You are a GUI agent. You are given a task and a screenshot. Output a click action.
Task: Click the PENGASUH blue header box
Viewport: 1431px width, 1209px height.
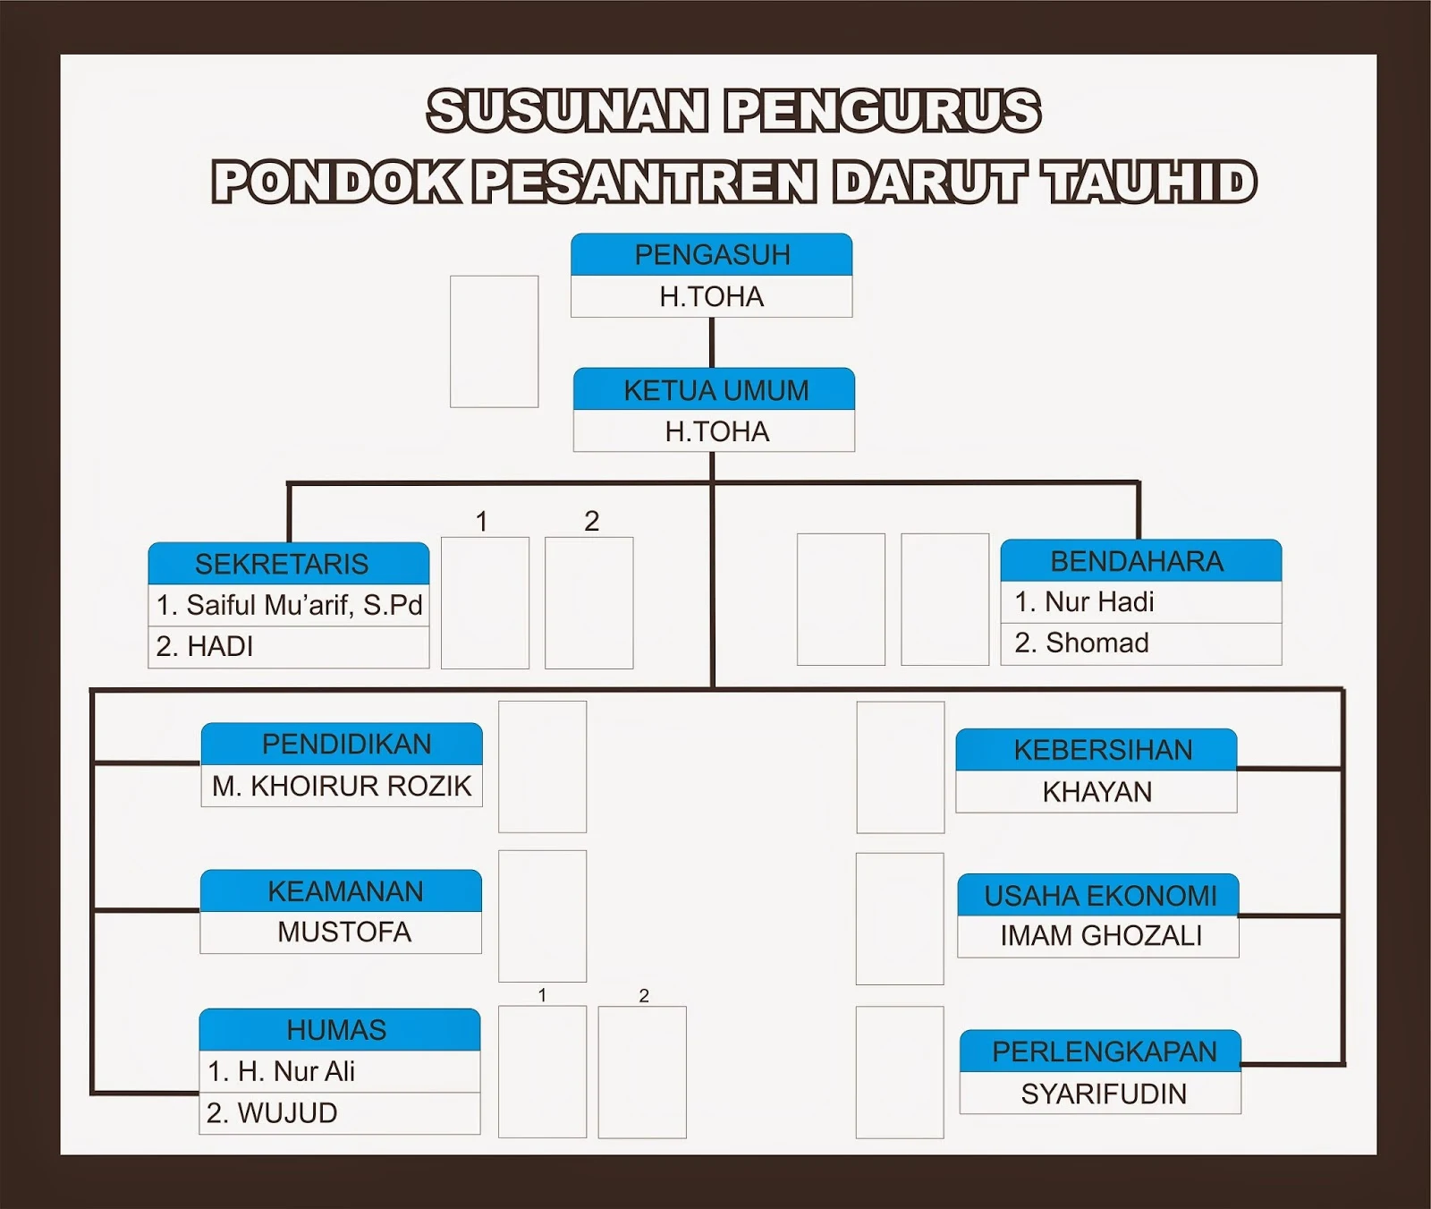click(x=712, y=255)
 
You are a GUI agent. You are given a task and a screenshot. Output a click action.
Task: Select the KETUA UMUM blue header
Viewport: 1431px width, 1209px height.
click(x=715, y=390)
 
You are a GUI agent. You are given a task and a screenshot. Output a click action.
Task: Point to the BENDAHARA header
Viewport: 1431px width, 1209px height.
click(x=1137, y=561)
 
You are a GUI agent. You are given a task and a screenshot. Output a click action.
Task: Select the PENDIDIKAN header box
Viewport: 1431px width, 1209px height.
click(x=346, y=744)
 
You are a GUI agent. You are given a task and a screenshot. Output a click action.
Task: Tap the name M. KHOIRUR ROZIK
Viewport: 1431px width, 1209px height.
click(x=342, y=786)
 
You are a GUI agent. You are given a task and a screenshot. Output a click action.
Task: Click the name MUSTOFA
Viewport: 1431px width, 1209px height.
click(x=344, y=932)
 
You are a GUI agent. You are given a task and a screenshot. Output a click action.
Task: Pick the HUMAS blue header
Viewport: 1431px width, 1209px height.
click(x=337, y=1030)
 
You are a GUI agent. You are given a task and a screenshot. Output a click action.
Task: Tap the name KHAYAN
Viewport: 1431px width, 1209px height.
click(x=1097, y=792)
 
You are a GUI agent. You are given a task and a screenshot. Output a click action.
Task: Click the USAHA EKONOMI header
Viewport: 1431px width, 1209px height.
click(x=1100, y=895)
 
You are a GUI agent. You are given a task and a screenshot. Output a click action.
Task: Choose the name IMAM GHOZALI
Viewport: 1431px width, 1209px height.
click(x=1101, y=936)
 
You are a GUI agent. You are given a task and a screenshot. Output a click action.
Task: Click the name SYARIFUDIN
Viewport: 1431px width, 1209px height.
click(x=1104, y=1094)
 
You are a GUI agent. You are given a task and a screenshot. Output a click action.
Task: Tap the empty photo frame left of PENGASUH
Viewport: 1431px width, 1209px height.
click(x=494, y=341)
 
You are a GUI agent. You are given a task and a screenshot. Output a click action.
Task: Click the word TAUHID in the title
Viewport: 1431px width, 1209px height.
click(x=1149, y=182)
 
